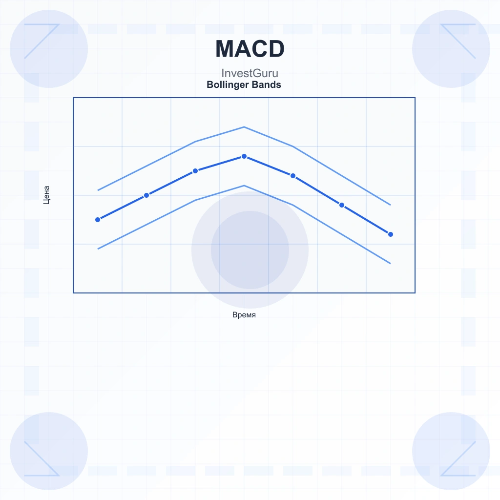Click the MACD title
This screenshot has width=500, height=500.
coord(250,49)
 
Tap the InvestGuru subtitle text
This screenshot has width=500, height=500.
coord(250,73)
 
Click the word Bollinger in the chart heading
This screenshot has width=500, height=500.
coord(228,85)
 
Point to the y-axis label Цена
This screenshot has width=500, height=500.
coord(46,195)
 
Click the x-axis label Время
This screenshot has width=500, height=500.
coord(244,315)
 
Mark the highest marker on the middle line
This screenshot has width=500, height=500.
coord(244,156)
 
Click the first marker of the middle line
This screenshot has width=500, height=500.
coord(98,220)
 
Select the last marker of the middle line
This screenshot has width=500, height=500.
coord(390,234)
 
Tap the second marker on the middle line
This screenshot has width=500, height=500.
coord(146,195)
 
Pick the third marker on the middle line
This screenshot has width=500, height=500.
coord(195,171)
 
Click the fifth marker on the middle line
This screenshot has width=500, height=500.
coord(293,176)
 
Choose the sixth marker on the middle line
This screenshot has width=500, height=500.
coord(341,205)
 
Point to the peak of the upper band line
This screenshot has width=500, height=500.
coord(244,127)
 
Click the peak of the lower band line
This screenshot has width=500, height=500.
coord(244,186)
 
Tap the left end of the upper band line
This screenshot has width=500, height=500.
coord(98,190)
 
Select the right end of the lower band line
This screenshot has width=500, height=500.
coord(390,264)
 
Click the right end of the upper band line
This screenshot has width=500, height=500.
coord(390,205)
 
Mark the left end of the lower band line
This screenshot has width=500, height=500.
coord(98,249)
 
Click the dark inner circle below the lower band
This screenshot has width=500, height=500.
coord(250,250)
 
